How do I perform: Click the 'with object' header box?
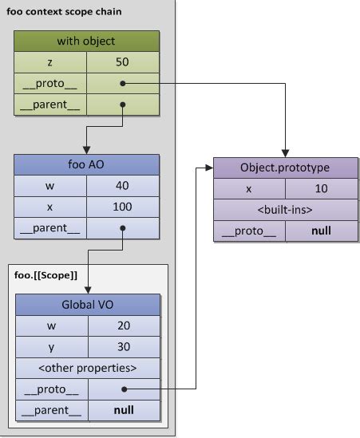[87, 41]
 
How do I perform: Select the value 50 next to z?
[123, 61]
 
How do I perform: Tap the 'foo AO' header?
[87, 165]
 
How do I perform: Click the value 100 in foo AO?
[123, 207]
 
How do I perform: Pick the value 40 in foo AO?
[123, 186]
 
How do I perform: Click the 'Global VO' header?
[87, 305]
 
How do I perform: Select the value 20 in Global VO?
[123, 326]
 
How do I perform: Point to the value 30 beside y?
[123, 347]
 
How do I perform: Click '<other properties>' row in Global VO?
[87, 368]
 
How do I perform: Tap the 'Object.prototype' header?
[285, 168]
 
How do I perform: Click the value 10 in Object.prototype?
[321, 190]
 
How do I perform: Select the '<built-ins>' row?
[285, 211]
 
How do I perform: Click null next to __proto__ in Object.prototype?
[321, 231]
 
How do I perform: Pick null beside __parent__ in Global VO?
[123, 410]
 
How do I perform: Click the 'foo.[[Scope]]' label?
[46, 275]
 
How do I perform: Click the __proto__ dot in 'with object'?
[122, 82]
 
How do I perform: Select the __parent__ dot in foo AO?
[122, 227]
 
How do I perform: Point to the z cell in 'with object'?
[50, 61]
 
